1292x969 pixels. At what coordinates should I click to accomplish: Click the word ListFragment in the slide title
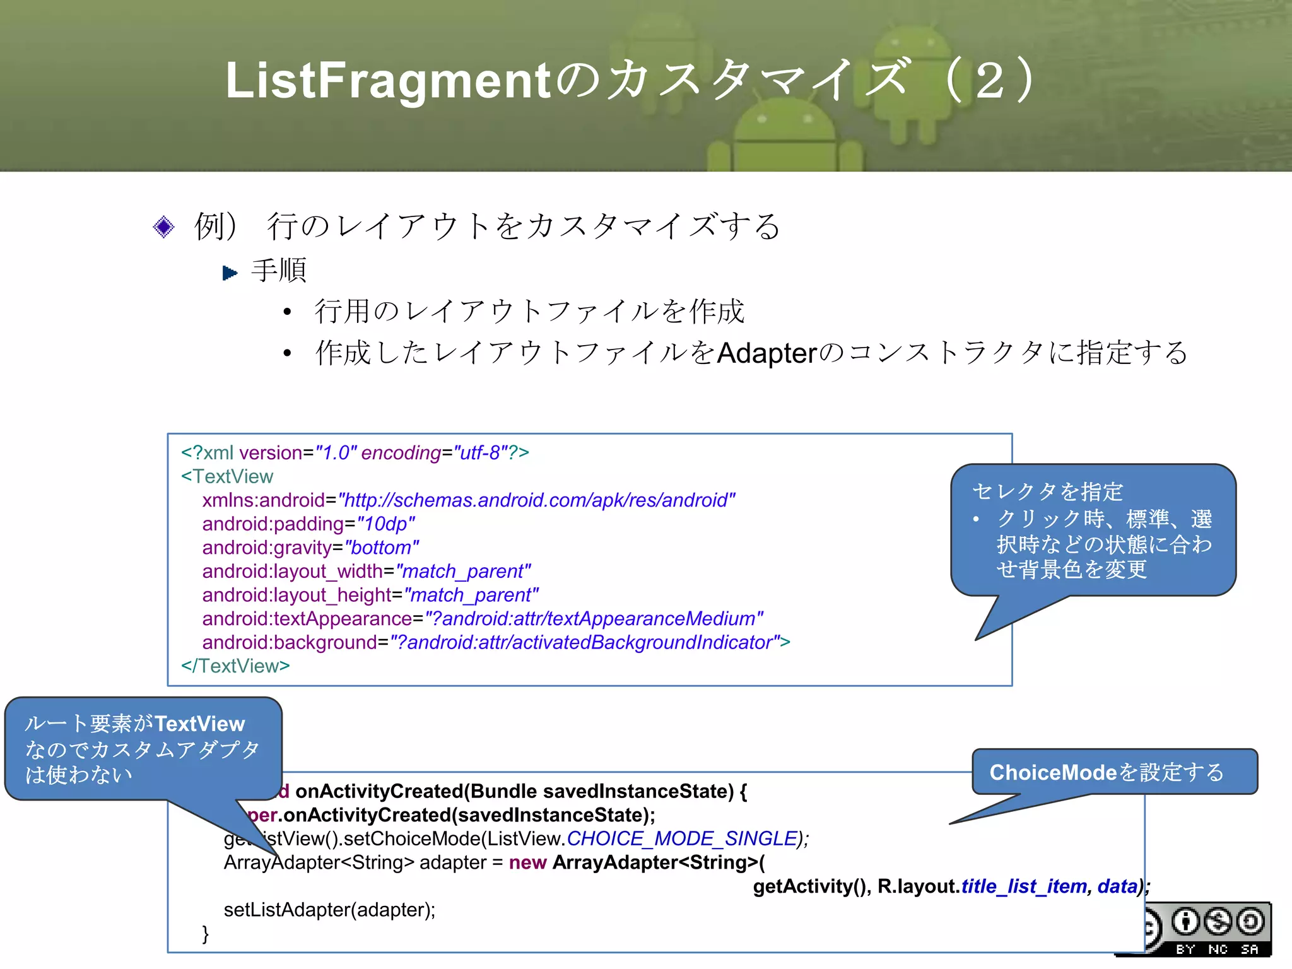click(389, 81)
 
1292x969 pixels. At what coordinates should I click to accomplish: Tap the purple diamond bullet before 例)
click(163, 226)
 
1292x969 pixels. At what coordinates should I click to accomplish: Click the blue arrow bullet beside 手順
click(230, 273)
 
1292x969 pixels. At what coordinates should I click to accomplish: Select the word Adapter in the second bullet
click(767, 353)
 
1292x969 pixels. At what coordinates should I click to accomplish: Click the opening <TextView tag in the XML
click(227, 476)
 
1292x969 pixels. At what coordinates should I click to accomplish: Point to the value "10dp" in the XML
click(385, 524)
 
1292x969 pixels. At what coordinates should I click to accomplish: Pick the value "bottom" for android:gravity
click(381, 548)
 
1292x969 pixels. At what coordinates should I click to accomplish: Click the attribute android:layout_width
click(293, 572)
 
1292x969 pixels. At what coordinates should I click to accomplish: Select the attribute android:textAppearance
click(307, 619)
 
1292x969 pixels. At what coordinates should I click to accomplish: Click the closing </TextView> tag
click(235, 666)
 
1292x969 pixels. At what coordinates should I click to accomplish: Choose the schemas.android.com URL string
click(537, 500)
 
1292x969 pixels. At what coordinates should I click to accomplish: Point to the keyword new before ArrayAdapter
click(527, 862)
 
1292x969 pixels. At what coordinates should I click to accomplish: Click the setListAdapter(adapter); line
click(329, 910)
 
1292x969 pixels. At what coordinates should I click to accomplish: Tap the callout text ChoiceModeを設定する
click(1107, 772)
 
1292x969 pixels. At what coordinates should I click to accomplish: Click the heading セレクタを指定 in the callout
click(1047, 491)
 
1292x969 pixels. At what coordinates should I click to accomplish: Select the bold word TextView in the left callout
click(199, 724)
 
